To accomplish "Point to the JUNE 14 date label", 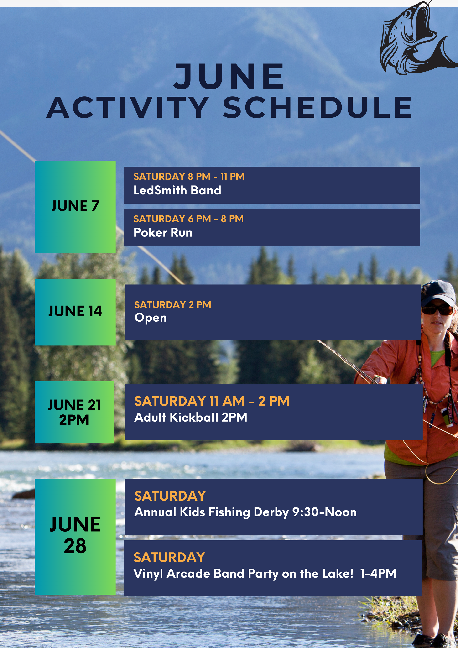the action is tap(75, 311).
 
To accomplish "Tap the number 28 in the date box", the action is tap(75, 546).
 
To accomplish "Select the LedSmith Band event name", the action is tap(177, 190).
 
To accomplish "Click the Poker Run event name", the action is tap(163, 233).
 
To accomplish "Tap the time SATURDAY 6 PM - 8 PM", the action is tap(188, 219).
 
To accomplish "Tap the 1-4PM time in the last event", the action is tap(378, 573).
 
